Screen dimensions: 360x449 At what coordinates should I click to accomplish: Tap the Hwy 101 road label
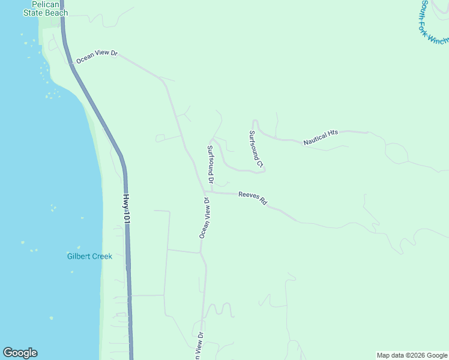point(126,209)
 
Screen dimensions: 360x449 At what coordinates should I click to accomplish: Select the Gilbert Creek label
point(89,256)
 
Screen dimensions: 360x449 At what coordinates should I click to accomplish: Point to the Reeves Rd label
point(252,198)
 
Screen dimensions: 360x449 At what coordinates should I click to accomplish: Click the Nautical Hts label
point(321,138)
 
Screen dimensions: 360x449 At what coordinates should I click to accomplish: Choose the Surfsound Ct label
point(256,148)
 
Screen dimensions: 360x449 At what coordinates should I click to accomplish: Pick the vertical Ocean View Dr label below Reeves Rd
point(204,218)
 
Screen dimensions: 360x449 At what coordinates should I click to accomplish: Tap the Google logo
point(20,353)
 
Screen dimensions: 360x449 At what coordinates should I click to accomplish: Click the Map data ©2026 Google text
point(411,355)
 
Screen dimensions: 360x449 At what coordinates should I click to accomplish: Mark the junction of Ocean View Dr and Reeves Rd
point(205,192)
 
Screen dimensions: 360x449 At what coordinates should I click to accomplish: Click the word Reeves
point(248,196)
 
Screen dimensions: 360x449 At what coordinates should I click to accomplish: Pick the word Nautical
point(315,140)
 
